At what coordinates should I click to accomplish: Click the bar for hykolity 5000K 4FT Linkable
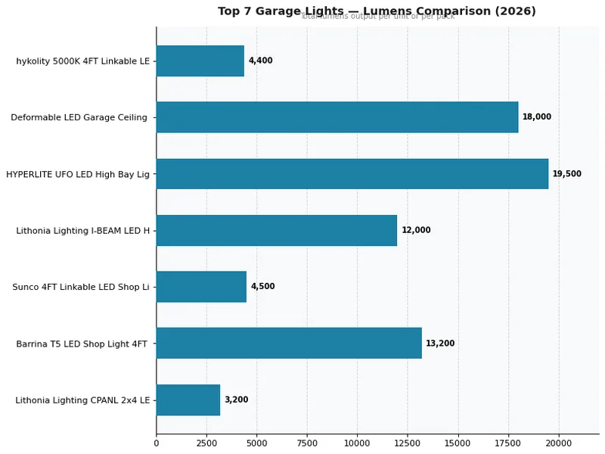point(200,61)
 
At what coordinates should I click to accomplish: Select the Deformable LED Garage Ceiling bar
point(337,117)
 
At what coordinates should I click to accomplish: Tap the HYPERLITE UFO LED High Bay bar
point(352,174)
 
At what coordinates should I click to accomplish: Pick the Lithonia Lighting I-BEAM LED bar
point(277,230)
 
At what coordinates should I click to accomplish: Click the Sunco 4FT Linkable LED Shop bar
point(201,287)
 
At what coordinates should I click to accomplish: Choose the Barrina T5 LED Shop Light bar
point(289,344)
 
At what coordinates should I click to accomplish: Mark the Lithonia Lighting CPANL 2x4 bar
point(188,400)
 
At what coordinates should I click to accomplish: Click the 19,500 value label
point(566,174)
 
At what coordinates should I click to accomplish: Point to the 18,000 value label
point(536,117)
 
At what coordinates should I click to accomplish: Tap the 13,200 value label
point(440,344)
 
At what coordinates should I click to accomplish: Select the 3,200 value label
point(236,400)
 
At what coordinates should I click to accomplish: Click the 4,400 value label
point(260,61)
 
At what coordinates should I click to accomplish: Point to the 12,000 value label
point(416,230)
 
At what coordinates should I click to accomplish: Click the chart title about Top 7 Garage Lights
point(377,11)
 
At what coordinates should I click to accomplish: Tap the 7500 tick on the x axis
point(307,443)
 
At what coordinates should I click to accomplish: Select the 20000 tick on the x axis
point(559,443)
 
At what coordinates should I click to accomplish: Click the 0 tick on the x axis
point(157,443)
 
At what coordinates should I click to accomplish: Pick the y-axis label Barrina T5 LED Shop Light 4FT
point(82,344)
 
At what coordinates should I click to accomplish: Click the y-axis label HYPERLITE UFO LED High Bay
point(78,174)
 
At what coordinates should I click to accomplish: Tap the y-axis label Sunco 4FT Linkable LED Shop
point(81,287)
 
